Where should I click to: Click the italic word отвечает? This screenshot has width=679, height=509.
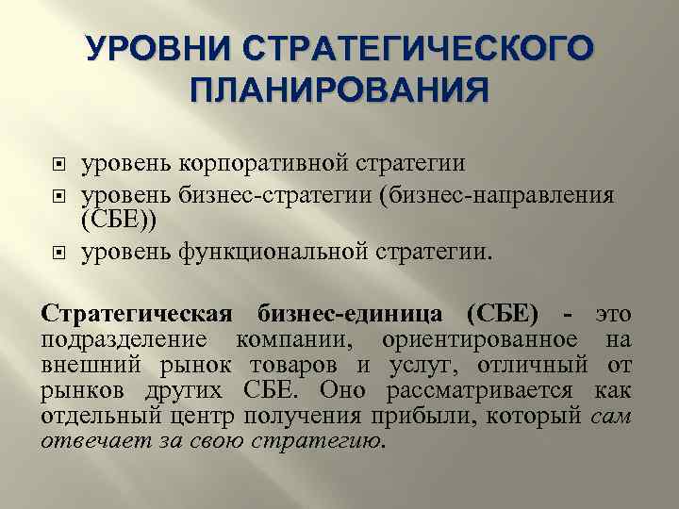(x=79, y=439)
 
